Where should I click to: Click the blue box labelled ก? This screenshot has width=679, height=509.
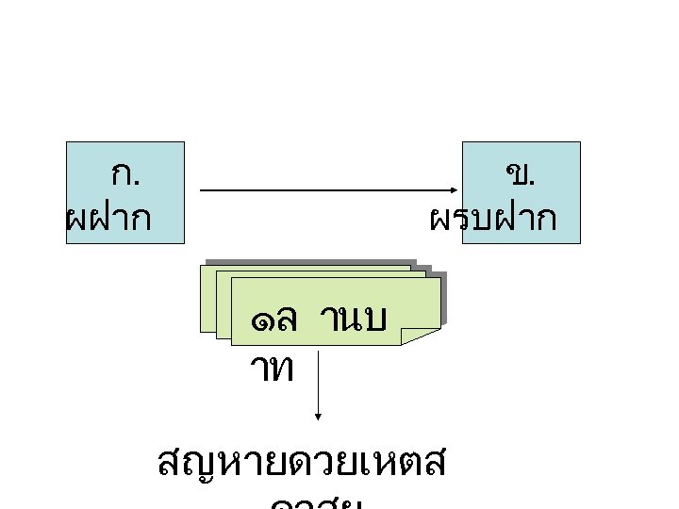click(125, 192)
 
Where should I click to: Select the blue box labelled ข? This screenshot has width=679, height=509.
click(521, 192)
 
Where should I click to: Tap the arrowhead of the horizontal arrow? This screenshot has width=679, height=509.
click(456, 189)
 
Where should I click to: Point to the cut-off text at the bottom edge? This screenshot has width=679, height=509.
click(316, 502)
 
